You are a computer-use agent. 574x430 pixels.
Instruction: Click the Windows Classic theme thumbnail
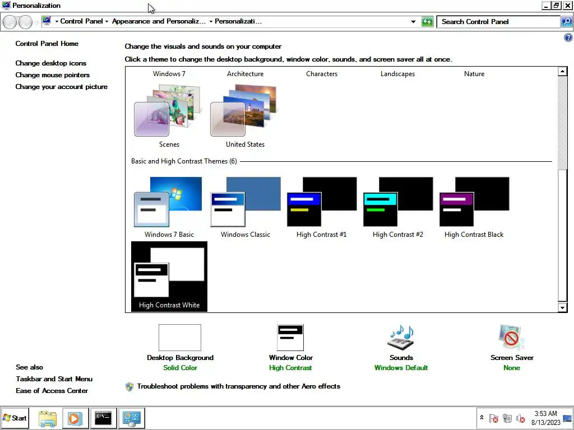click(245, 202)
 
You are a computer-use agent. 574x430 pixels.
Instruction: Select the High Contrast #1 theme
click(321, 202)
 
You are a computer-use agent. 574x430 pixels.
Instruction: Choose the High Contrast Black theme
click(474, 202)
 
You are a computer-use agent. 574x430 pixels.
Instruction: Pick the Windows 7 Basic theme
click(169, 202)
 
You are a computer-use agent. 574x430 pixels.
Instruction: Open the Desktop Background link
click(180, 358)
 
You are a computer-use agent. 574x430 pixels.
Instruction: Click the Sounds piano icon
click(401, 338)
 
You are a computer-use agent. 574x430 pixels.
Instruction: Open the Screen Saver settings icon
click(511, 338)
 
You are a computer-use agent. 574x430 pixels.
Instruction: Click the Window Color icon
click(290, 338)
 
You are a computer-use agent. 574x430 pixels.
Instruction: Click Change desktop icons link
click(51, 63)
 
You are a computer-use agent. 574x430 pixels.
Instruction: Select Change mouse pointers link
click(53, 75)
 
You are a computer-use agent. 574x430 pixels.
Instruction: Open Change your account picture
click(62, 87)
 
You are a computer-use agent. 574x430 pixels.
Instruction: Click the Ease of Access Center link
click(52, 391)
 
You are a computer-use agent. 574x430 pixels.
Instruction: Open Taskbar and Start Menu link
click(54, 379)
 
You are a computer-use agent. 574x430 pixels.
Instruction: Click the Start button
click(15, 418)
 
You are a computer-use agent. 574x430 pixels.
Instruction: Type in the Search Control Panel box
click(498, 22)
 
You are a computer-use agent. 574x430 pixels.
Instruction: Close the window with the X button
click(568, 6)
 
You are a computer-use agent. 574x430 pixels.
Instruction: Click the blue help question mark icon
click(568, 38)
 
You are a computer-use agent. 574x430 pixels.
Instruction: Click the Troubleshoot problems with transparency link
click(238, 386)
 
